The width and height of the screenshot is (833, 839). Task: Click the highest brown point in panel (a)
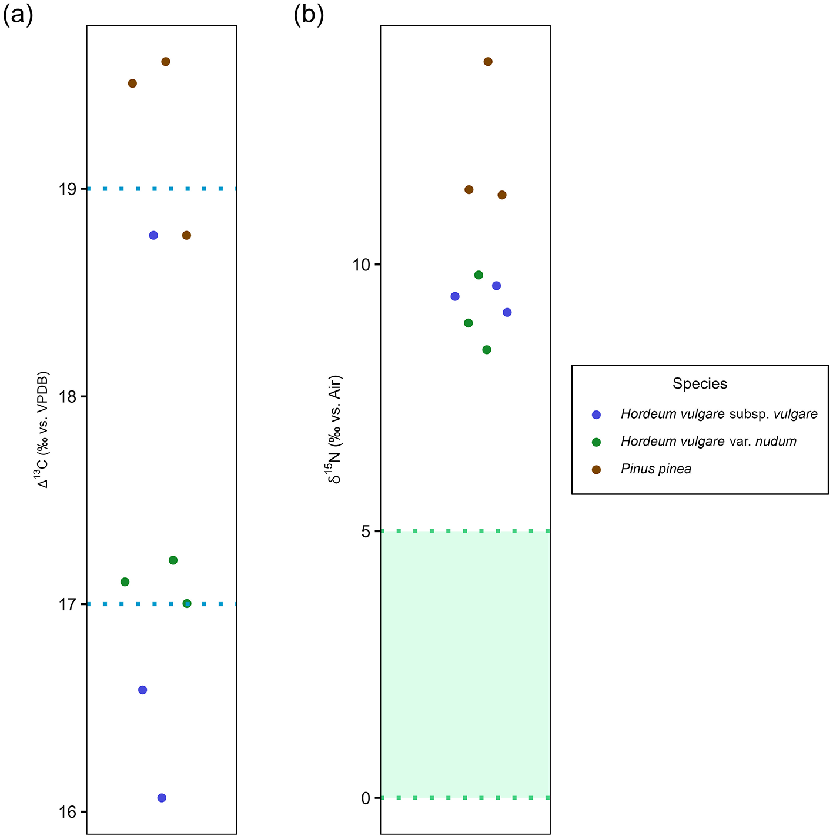166,62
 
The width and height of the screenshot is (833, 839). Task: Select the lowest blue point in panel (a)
162,798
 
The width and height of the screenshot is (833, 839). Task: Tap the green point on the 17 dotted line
187,603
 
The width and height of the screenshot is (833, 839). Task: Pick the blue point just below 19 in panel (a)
153,235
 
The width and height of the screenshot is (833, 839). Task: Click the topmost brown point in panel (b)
488,62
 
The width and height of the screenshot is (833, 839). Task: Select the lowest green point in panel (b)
487,350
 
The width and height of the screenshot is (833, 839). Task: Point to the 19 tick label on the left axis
68,189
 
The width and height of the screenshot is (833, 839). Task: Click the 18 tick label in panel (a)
68,397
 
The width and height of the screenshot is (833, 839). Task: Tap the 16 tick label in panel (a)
68,813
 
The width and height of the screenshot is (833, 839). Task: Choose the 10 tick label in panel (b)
362,265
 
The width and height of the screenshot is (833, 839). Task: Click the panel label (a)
18,16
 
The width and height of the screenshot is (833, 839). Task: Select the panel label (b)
309,16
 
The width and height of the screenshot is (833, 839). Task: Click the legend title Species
700,384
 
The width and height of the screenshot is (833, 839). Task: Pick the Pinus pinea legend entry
656,469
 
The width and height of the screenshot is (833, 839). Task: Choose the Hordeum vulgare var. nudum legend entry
708,442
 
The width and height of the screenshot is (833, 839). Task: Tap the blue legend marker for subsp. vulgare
596,415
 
